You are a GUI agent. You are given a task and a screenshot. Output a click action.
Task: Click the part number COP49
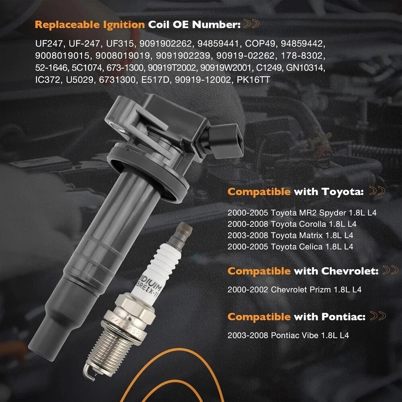pyautogui.click(x=260, y=43)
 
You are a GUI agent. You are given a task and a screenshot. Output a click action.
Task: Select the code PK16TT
pyautogui.click(x=253, y=80)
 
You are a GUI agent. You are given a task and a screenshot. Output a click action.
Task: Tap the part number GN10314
pyautogui.click(x=306, y=68)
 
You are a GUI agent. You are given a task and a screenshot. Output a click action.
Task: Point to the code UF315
pyautogui.click(x=120, y=43)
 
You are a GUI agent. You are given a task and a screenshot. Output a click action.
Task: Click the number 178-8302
pyautogui.click(x=303, y=56)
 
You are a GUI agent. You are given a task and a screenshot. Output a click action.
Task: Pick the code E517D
pyautogui.click(x=156, y=80)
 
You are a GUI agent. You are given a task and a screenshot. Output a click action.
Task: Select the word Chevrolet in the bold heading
pyautogui.click(x=350, y=271)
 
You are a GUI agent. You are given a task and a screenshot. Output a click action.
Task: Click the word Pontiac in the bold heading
pyautogui.click(x=344, y=317)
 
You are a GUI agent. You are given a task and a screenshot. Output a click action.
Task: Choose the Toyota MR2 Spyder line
pyautogui.click(x=302, y=213)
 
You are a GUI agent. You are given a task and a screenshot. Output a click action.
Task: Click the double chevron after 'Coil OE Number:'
pyautogui.click(x=251, y=24)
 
